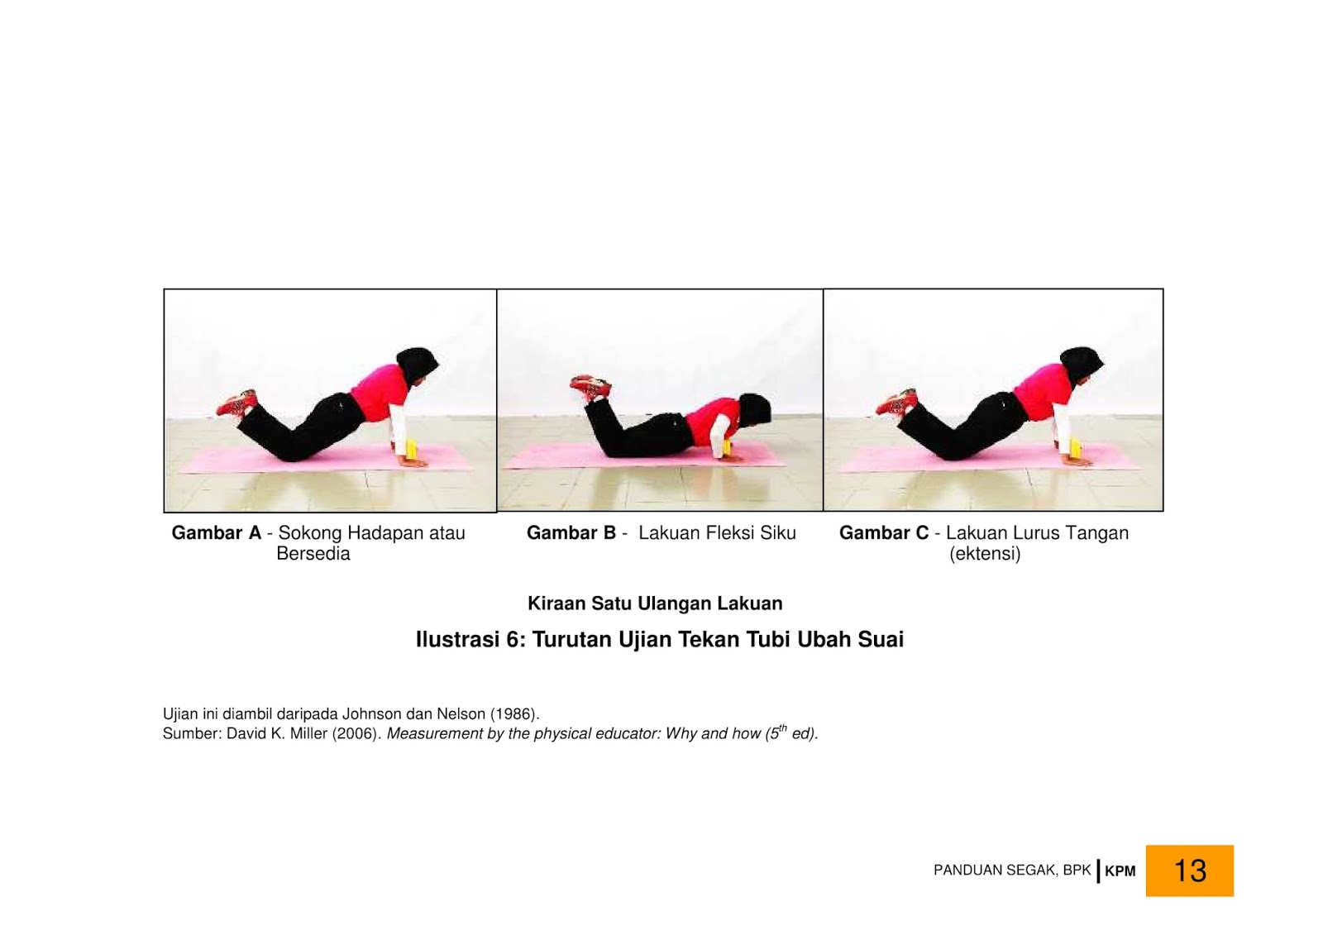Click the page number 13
click(1190, 870)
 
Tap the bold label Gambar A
click(216, 532)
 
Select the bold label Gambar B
click(571, 532)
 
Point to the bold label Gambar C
click(884, 532)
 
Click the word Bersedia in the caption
click(313, 553)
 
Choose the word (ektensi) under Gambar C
click(985, 554)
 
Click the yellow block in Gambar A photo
click(412, 450)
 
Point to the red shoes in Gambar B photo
click(590, 386)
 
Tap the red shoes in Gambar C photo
click(896, 402)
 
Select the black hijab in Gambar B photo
click(755, 411)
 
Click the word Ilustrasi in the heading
click(458, 639)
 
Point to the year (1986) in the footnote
click(513, 713)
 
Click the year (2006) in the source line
click(355, 733)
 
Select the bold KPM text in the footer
click(1120, 871)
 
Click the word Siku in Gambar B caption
click(778, 532)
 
